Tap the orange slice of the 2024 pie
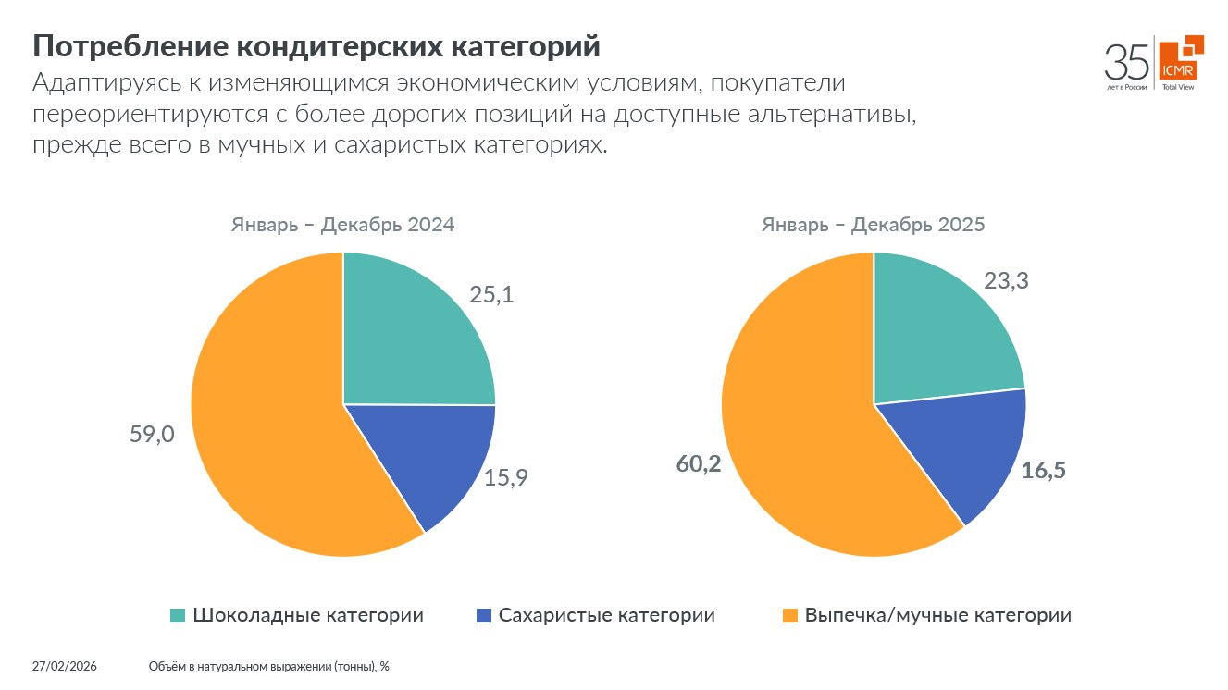point(268,416)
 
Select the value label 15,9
point(506,478)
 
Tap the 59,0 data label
point(152,435)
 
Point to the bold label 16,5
point(1044,471)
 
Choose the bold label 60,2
point(699,464)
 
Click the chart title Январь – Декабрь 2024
point(342,225)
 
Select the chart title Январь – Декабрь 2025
point(873,225)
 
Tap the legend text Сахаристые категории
point(606,616)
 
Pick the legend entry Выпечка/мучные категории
point(937,616)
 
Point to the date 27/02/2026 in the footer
point(65,666)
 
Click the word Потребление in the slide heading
point(128,46)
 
